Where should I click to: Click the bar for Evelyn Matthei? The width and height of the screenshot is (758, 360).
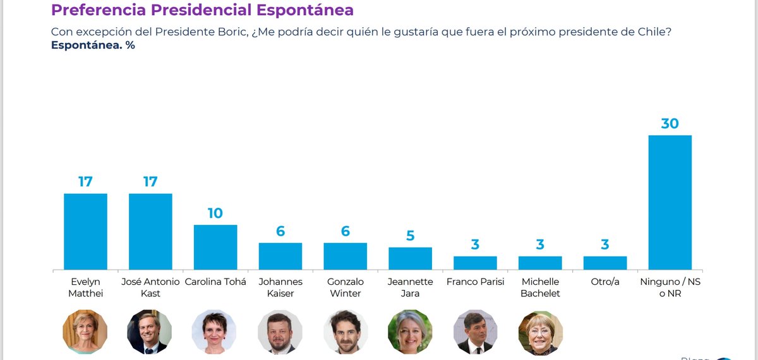(x=85, y=231)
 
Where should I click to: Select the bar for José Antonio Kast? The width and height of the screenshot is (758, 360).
(x=150, y=231)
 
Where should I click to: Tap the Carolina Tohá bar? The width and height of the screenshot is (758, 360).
(x=215, y=247)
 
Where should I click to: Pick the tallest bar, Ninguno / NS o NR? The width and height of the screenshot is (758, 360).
(x=670, y=202)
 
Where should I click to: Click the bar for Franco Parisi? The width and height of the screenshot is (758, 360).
(x=475, y=263)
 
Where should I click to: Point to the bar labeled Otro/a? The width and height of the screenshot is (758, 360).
(x=605, y=263)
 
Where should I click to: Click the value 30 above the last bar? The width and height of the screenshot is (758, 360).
(x=670, y=123)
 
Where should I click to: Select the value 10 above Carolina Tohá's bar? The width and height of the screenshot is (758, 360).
(x=215, y=213)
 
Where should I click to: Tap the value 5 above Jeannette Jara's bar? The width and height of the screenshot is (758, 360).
(x=410, y=236)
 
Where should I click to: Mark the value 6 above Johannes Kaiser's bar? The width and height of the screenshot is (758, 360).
(x=280, y=231)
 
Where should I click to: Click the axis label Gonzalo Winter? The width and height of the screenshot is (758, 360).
(x=346, y=287)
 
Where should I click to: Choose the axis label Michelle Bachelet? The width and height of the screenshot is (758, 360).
(x=540, y=287)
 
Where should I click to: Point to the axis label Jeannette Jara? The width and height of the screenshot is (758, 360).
(x=410, y=287)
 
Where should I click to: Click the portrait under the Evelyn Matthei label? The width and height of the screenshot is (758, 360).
(x=85, y=331)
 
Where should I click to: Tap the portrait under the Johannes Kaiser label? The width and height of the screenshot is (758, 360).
(x=280, y=331)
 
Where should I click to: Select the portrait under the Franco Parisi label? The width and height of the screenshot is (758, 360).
(x=475, y=331)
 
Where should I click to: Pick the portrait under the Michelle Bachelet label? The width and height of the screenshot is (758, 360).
(x=540, y=331)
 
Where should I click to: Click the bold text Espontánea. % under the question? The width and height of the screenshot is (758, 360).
(x=93, y=45)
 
